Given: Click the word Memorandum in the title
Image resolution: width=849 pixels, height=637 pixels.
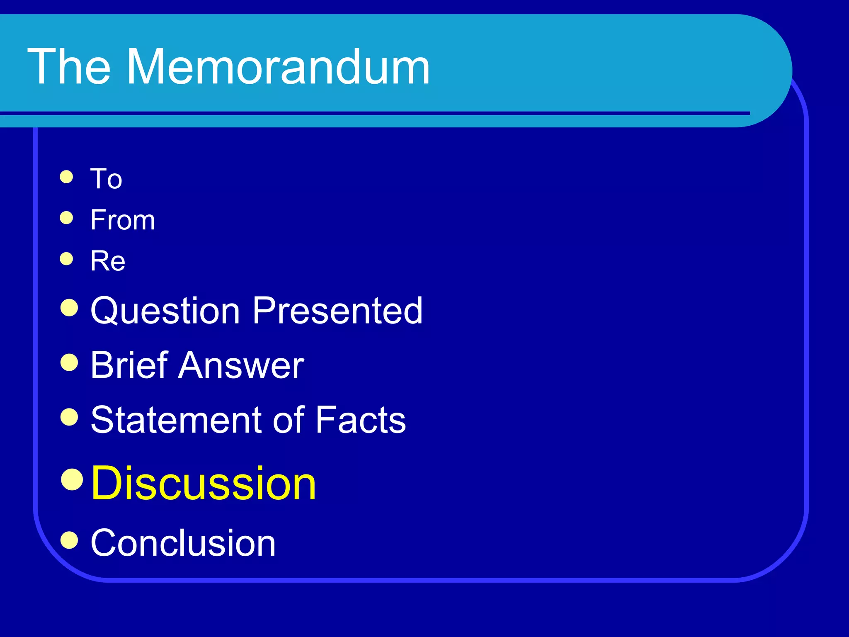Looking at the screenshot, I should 278,67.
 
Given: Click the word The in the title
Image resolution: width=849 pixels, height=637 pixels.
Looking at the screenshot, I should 69,67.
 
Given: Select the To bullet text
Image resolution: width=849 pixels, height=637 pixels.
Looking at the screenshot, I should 106,179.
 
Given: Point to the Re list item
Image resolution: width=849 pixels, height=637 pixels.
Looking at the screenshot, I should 108,261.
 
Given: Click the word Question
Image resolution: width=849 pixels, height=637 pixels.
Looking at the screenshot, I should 165,311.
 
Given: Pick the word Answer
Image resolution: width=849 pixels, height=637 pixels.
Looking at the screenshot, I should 241,365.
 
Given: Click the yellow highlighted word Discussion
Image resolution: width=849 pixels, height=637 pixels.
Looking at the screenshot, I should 203,483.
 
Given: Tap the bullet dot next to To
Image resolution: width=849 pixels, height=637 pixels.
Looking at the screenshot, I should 66,177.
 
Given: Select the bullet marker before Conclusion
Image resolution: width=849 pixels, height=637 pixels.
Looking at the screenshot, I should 69,540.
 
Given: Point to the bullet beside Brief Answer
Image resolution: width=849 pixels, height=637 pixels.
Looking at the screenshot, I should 69,362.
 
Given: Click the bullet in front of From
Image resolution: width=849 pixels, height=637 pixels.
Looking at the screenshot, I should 66,218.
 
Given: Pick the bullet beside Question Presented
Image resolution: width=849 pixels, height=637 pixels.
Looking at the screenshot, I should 69,308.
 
